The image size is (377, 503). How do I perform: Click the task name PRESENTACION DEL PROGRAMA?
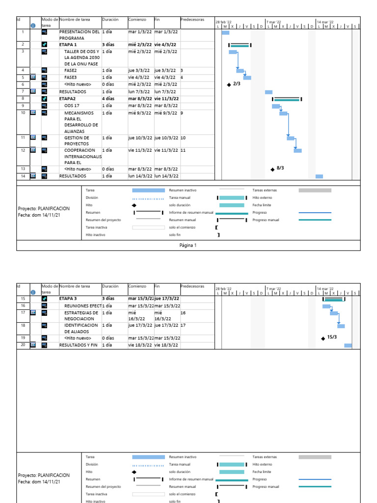[x=79, y=34]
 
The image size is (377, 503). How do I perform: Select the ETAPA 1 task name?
[x=68, y=45]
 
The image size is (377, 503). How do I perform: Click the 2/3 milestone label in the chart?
[x=237, y=84]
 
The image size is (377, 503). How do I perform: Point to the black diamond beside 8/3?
[x=272, y=170]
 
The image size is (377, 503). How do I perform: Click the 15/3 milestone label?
[x=332, y=337]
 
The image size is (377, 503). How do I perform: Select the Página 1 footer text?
[x=188, y=245]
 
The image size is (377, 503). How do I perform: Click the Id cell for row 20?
[x=23, y=345]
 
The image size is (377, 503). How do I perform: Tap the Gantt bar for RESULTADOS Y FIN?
[x=348, y=345]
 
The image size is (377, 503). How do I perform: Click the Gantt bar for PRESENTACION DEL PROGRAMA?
[x=225, y=33]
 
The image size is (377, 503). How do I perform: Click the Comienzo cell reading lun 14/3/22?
[x=140, y=176]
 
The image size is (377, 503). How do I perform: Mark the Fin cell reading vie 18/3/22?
[x=166, y=345]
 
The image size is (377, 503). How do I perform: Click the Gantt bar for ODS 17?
[x=276, y=106]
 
